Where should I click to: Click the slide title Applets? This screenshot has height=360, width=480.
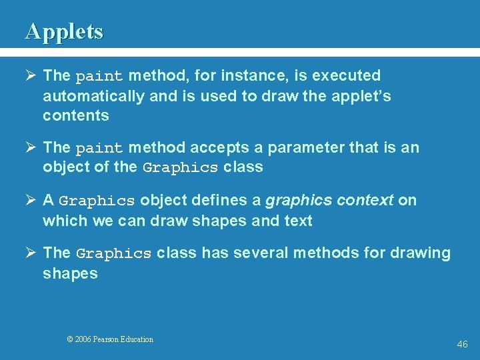tap(64, 31)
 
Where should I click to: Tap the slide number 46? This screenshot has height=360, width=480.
tap(463, 344)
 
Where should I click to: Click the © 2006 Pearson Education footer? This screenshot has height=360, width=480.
tap(110, 339)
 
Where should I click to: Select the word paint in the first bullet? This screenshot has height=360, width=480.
tap(99, 77)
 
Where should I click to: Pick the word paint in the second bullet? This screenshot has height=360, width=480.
tap(99, 148)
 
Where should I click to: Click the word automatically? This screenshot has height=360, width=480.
tap(94, 96)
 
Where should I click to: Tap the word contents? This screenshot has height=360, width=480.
tap(76, 115)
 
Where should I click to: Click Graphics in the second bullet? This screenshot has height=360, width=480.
tap(180, 168)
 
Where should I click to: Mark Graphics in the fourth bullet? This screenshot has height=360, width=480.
tap(114, 254)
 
